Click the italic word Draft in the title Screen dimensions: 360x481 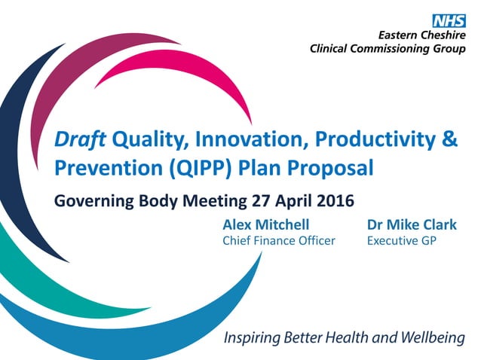81,139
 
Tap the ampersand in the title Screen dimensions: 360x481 448,139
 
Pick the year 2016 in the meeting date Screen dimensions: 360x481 332,201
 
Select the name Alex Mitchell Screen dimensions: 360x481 266,224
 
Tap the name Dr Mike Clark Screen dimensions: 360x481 412,224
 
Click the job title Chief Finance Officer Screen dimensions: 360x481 279,241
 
